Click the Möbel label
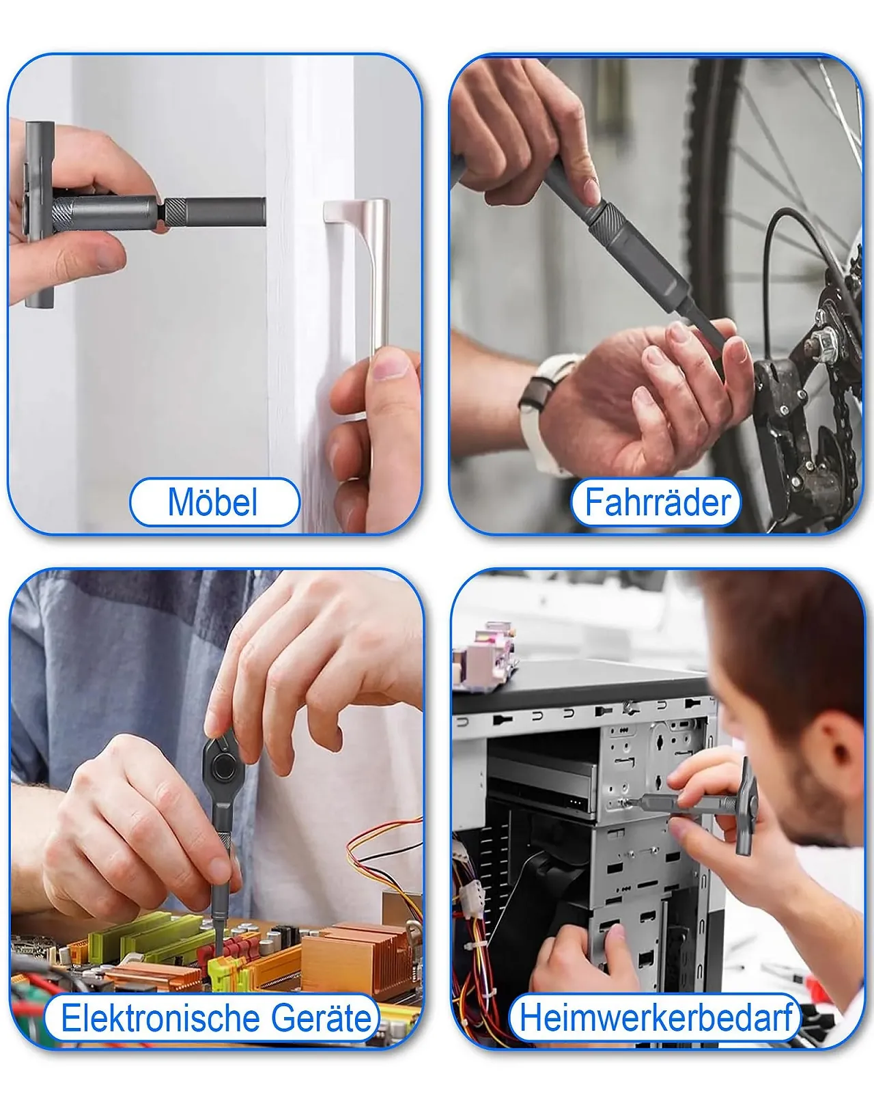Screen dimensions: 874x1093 click(213, 502)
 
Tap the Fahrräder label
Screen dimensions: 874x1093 click(658, 502)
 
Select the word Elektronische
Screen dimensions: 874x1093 click(162, 1019)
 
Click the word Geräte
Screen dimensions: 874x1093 click(322, 1019)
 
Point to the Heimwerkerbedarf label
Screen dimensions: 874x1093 click(655, 1019)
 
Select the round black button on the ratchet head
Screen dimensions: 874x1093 click(223, 767)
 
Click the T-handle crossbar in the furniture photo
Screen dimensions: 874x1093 click(40, 215)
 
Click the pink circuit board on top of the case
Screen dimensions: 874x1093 click(485, 654)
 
